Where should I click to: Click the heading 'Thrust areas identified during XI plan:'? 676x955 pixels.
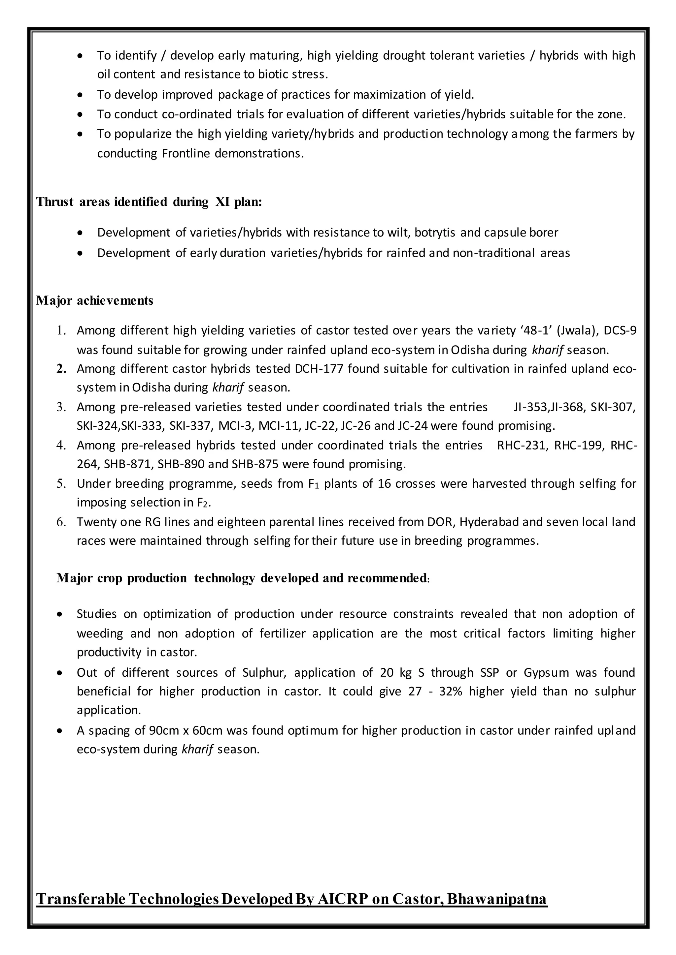(149, 202)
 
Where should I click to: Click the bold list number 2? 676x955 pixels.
(61, 369)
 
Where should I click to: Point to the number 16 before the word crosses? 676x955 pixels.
(385, 483)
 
